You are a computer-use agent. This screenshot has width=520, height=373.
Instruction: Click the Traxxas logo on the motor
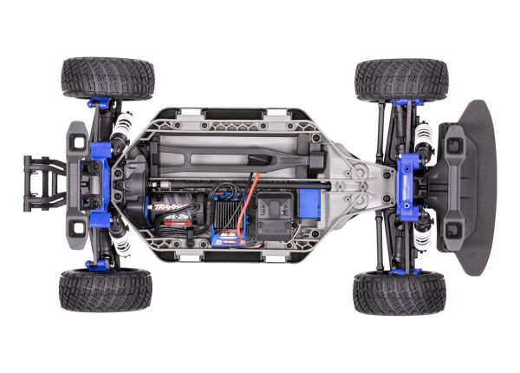162,208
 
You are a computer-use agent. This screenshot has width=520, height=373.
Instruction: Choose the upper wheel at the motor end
107,77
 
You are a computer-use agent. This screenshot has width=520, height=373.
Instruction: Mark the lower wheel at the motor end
106,290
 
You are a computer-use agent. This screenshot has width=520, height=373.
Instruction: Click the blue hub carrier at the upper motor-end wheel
100,105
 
